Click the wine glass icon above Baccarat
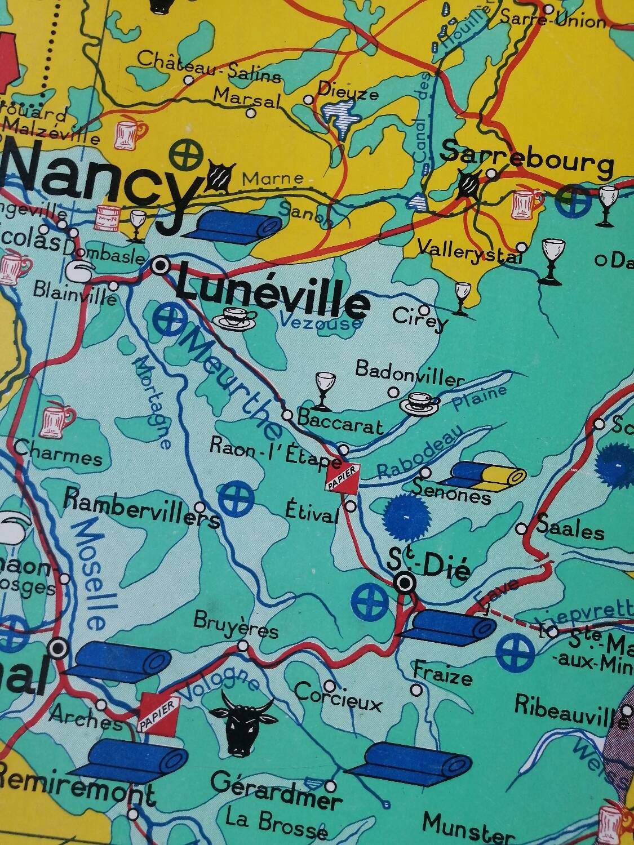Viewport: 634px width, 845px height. tap(323, 390)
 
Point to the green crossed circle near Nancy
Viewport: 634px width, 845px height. tap(187, 154)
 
